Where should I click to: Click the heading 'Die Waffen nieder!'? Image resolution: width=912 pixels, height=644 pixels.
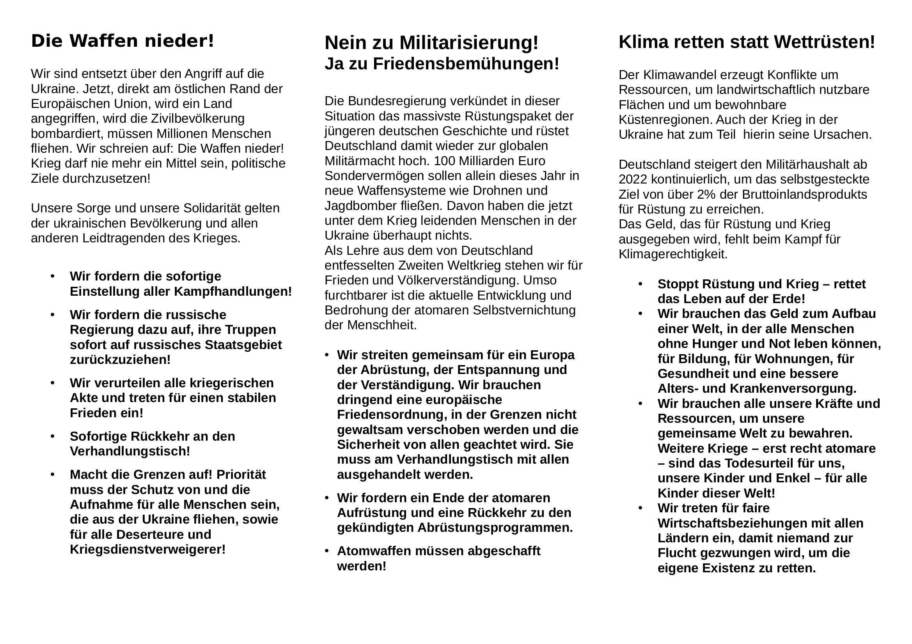122,41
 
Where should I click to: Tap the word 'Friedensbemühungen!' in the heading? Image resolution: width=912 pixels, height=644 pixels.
466,64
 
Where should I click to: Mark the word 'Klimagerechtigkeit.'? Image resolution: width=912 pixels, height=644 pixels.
673,254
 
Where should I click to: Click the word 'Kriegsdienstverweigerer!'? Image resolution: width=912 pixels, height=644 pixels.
148,550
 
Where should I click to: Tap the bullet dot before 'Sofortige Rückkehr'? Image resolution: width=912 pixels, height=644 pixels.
52,436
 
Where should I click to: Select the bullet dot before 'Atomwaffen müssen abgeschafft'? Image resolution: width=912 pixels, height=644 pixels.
326,551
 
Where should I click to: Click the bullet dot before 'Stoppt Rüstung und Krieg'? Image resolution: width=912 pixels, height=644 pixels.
640,284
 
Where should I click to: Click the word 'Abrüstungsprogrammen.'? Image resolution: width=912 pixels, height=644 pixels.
495,528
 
